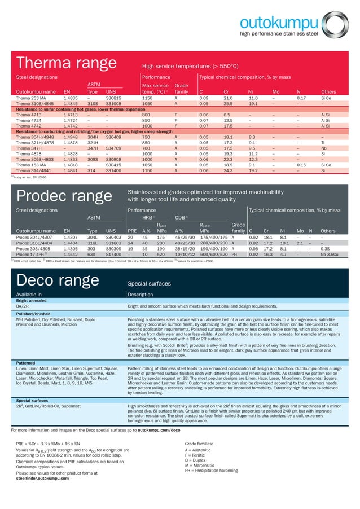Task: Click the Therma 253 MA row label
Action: pos(32,98)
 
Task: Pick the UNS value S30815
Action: pos(113,98)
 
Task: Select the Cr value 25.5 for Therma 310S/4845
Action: pos(228,104)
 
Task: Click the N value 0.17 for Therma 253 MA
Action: pos(301,98)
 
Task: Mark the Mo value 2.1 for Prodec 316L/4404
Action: pos(300,243)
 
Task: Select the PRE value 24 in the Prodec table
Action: pos(130,243)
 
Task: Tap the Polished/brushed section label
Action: pos(32,313)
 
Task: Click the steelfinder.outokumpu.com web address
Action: pos(45,479)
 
